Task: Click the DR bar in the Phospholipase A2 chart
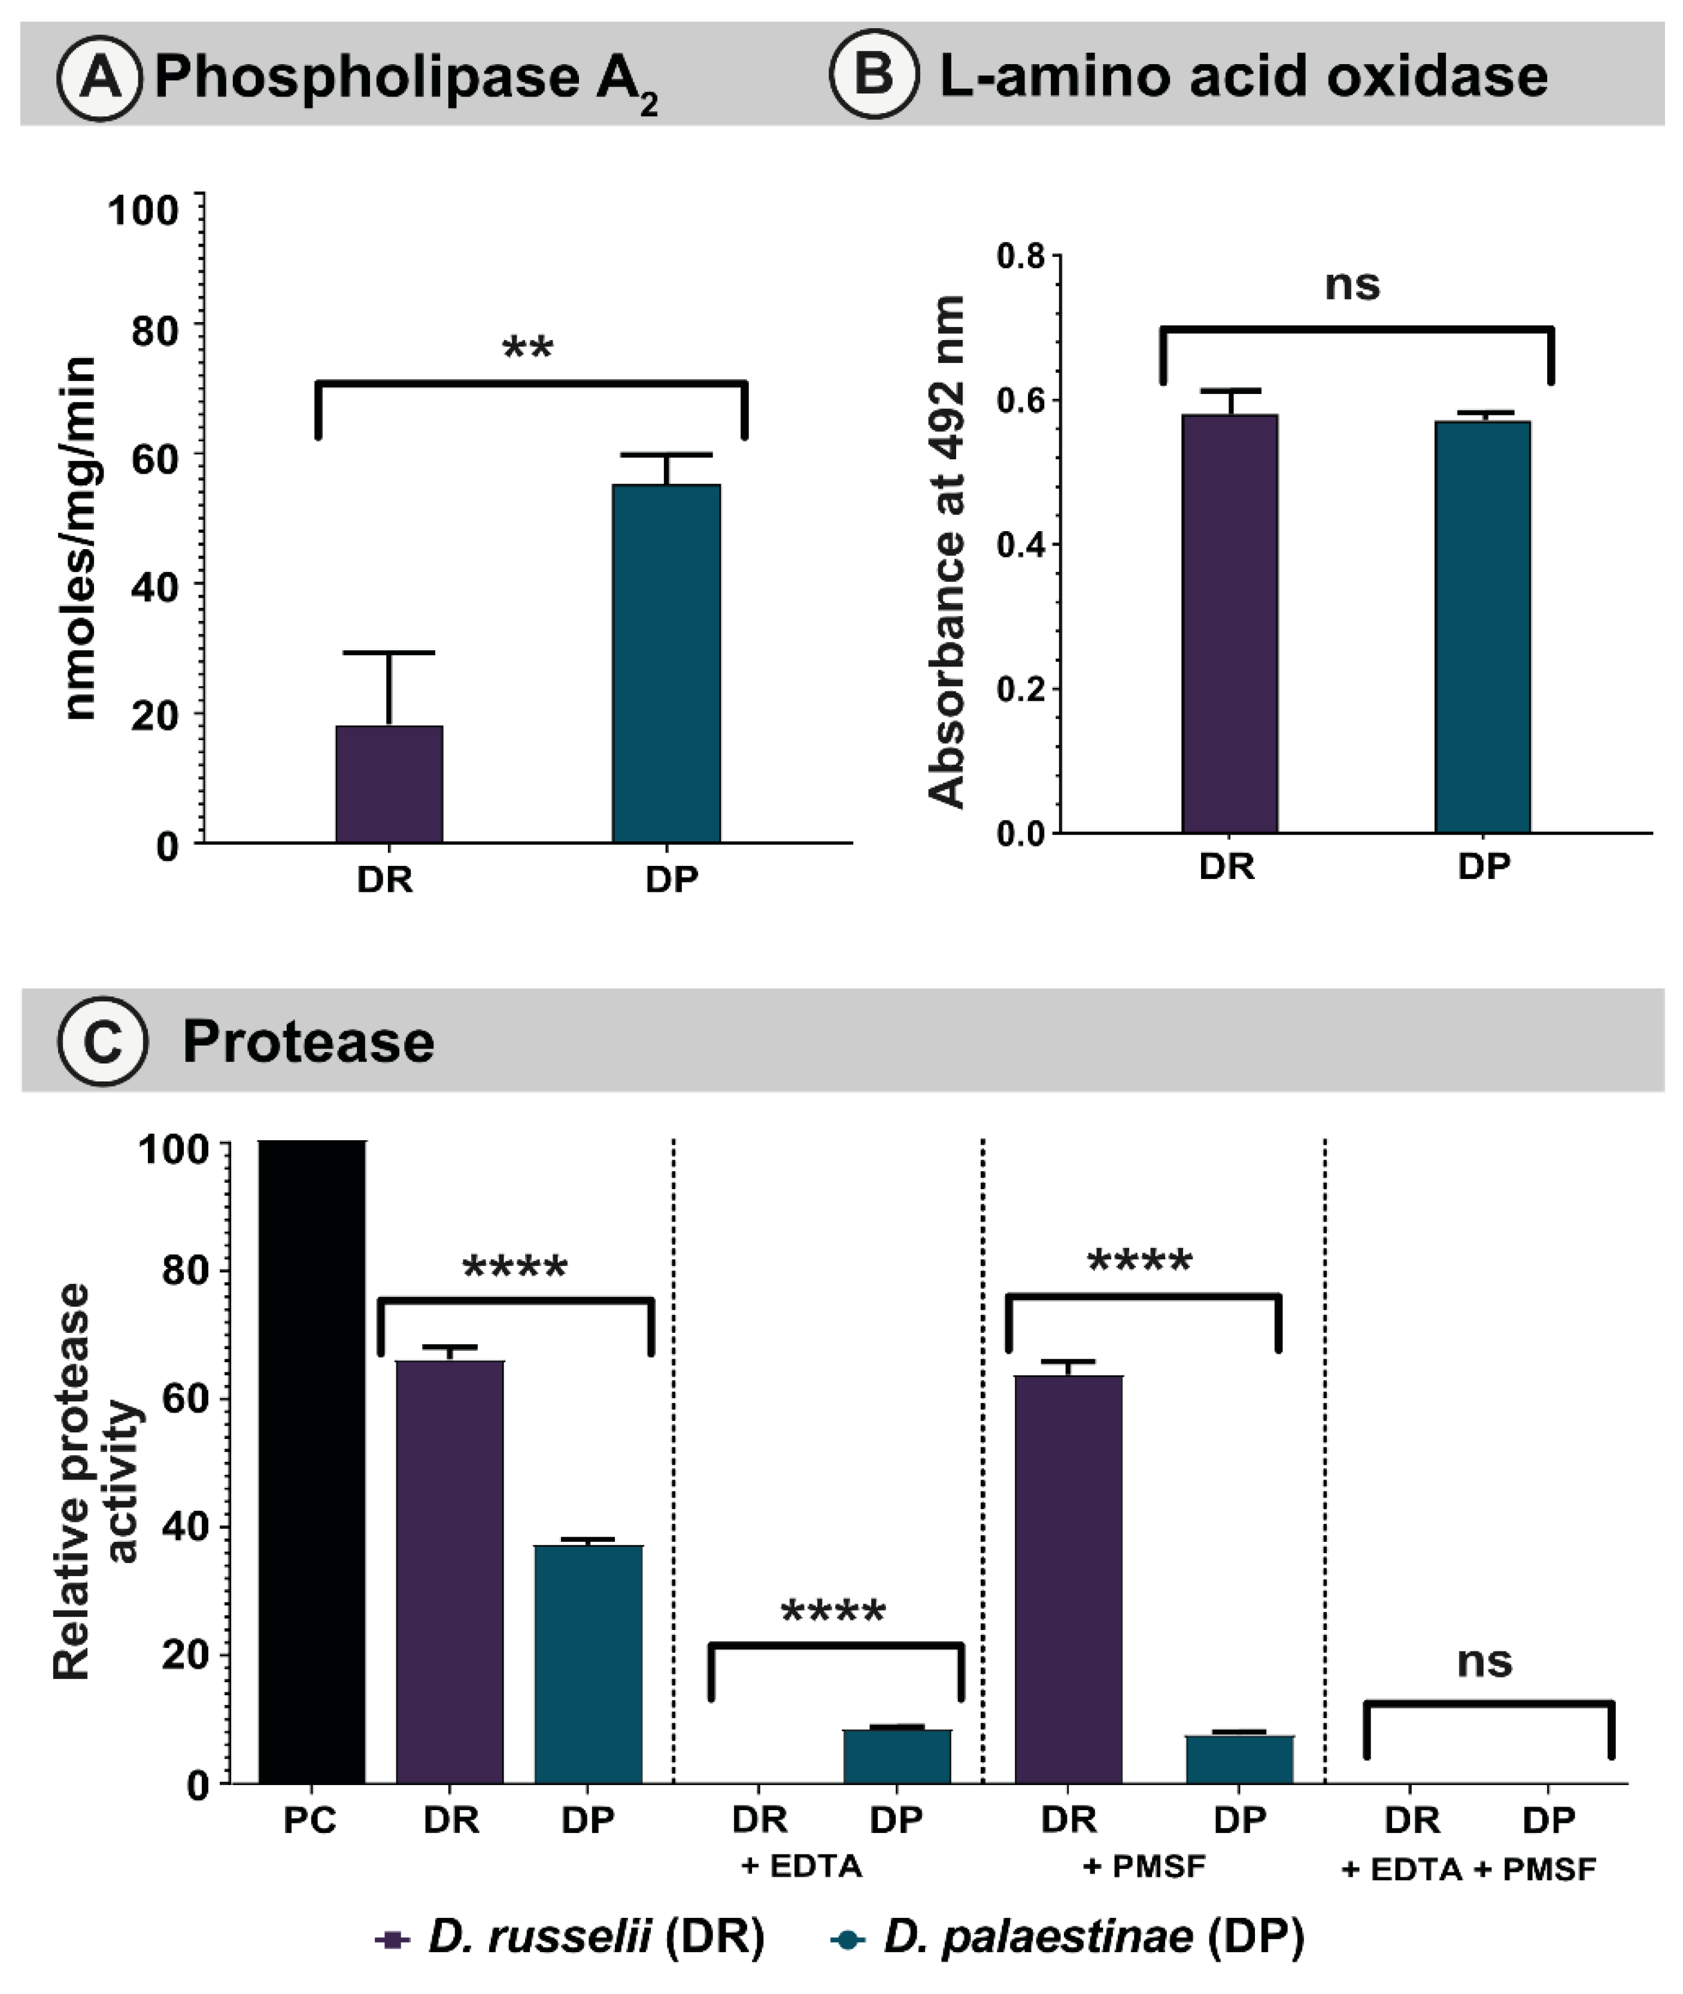pyautogui.click(x=389, y=784)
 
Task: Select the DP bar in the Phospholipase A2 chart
pyautogui.click(x=666, y=663)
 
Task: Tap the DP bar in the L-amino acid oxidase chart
pyautogui.click(x=1482, y=627)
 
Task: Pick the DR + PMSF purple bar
pyautogui.click(x=1069, y=1579)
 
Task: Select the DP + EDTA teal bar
pyautogui.click(x=897, y=1756)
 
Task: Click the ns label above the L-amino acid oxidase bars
pyautogui.click(x=1352, y=284)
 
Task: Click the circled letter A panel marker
pyautogui.click(x=100, y=75)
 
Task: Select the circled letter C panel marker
pyautogui.click(x=102, y=1041)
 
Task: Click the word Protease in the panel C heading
pyautogui.click(x=308, y=1041)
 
